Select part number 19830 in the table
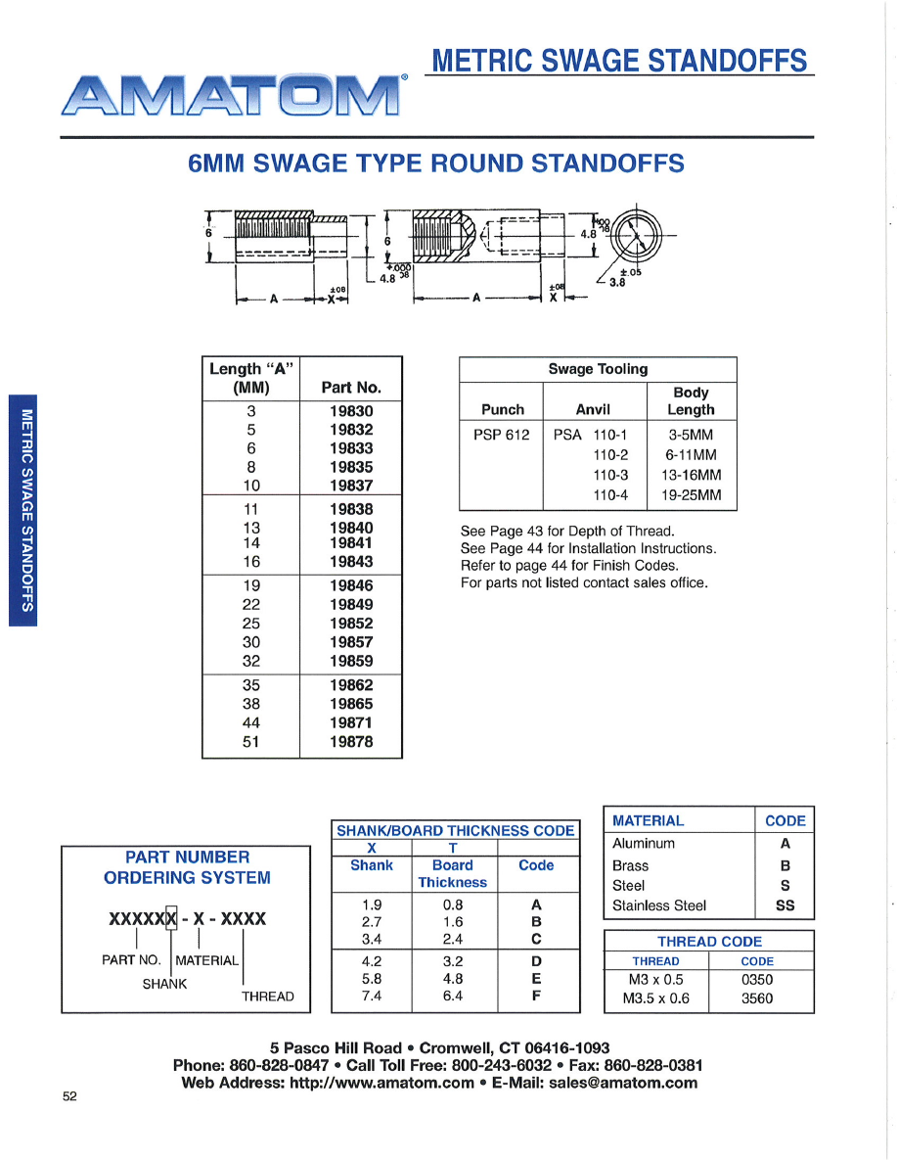click(x=351, y=411)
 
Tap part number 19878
click(x=351, y=742)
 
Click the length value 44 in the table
click(x=250, y=722)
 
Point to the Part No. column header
click(x=351, y=388)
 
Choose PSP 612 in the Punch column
click(x=502, y=434)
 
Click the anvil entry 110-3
click(x=610, y=475)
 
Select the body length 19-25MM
click(x=691, y=494)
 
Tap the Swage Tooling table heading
click(x=598, y=369)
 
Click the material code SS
click(x=785, y=905)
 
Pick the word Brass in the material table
click(x=630, y=865)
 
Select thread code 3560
click(x=756, y=998)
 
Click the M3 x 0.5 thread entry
click(x=655, y=979)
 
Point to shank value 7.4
click(x=372, y=997)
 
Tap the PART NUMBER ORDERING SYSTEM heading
click(x=187, y=867)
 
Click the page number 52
click(x=69, y=1096)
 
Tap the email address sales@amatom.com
click(x=623, y=1083)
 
